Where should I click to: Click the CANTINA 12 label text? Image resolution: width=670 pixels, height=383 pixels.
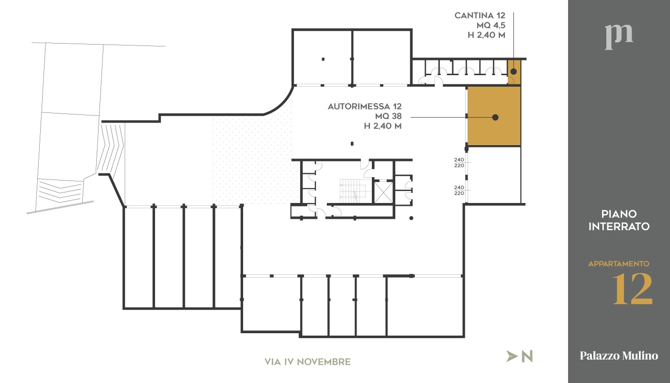point(480,16)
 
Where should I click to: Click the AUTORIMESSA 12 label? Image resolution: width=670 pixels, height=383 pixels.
point(364,107)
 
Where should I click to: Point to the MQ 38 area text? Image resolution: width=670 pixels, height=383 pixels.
point(388,116)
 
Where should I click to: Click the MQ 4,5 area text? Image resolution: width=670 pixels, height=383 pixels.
point(491,25)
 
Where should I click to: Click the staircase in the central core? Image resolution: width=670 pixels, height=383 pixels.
point(352,191)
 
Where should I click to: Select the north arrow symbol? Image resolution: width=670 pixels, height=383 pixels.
point(512,356)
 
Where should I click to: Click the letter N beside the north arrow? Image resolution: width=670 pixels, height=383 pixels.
point(527,356)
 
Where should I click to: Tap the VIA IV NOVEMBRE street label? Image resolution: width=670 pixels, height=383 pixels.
point(307,362)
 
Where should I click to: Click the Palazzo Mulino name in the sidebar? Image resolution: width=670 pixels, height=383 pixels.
point(618,356)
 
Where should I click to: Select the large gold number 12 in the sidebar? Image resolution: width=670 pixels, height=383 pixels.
point(633,289)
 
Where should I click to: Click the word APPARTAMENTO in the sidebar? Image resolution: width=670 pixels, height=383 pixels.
point(618,264)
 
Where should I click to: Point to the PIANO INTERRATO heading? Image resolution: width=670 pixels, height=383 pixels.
point(618,220)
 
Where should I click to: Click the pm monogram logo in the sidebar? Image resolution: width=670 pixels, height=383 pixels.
point(618,36)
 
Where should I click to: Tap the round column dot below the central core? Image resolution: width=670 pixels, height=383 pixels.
point(411,218)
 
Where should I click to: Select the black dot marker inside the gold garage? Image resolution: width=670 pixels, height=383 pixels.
point(495,117)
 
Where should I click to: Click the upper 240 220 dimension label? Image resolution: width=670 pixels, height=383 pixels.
point(459,163)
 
